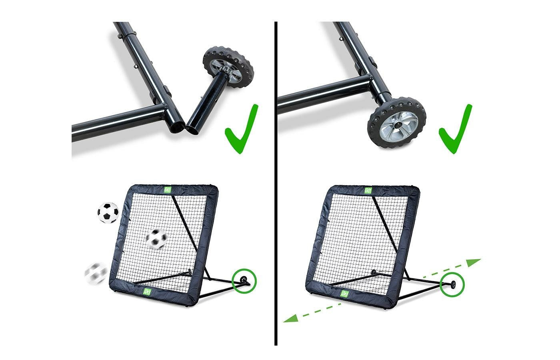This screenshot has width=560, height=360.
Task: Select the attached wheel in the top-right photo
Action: click(396, 123)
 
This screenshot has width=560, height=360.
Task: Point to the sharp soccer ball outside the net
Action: click(108, 213)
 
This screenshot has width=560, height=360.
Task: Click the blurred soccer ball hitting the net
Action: click(156, 239)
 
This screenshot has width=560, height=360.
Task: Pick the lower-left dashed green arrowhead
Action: click(290, 318)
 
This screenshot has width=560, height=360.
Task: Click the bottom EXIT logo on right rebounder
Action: click(344, 294)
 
